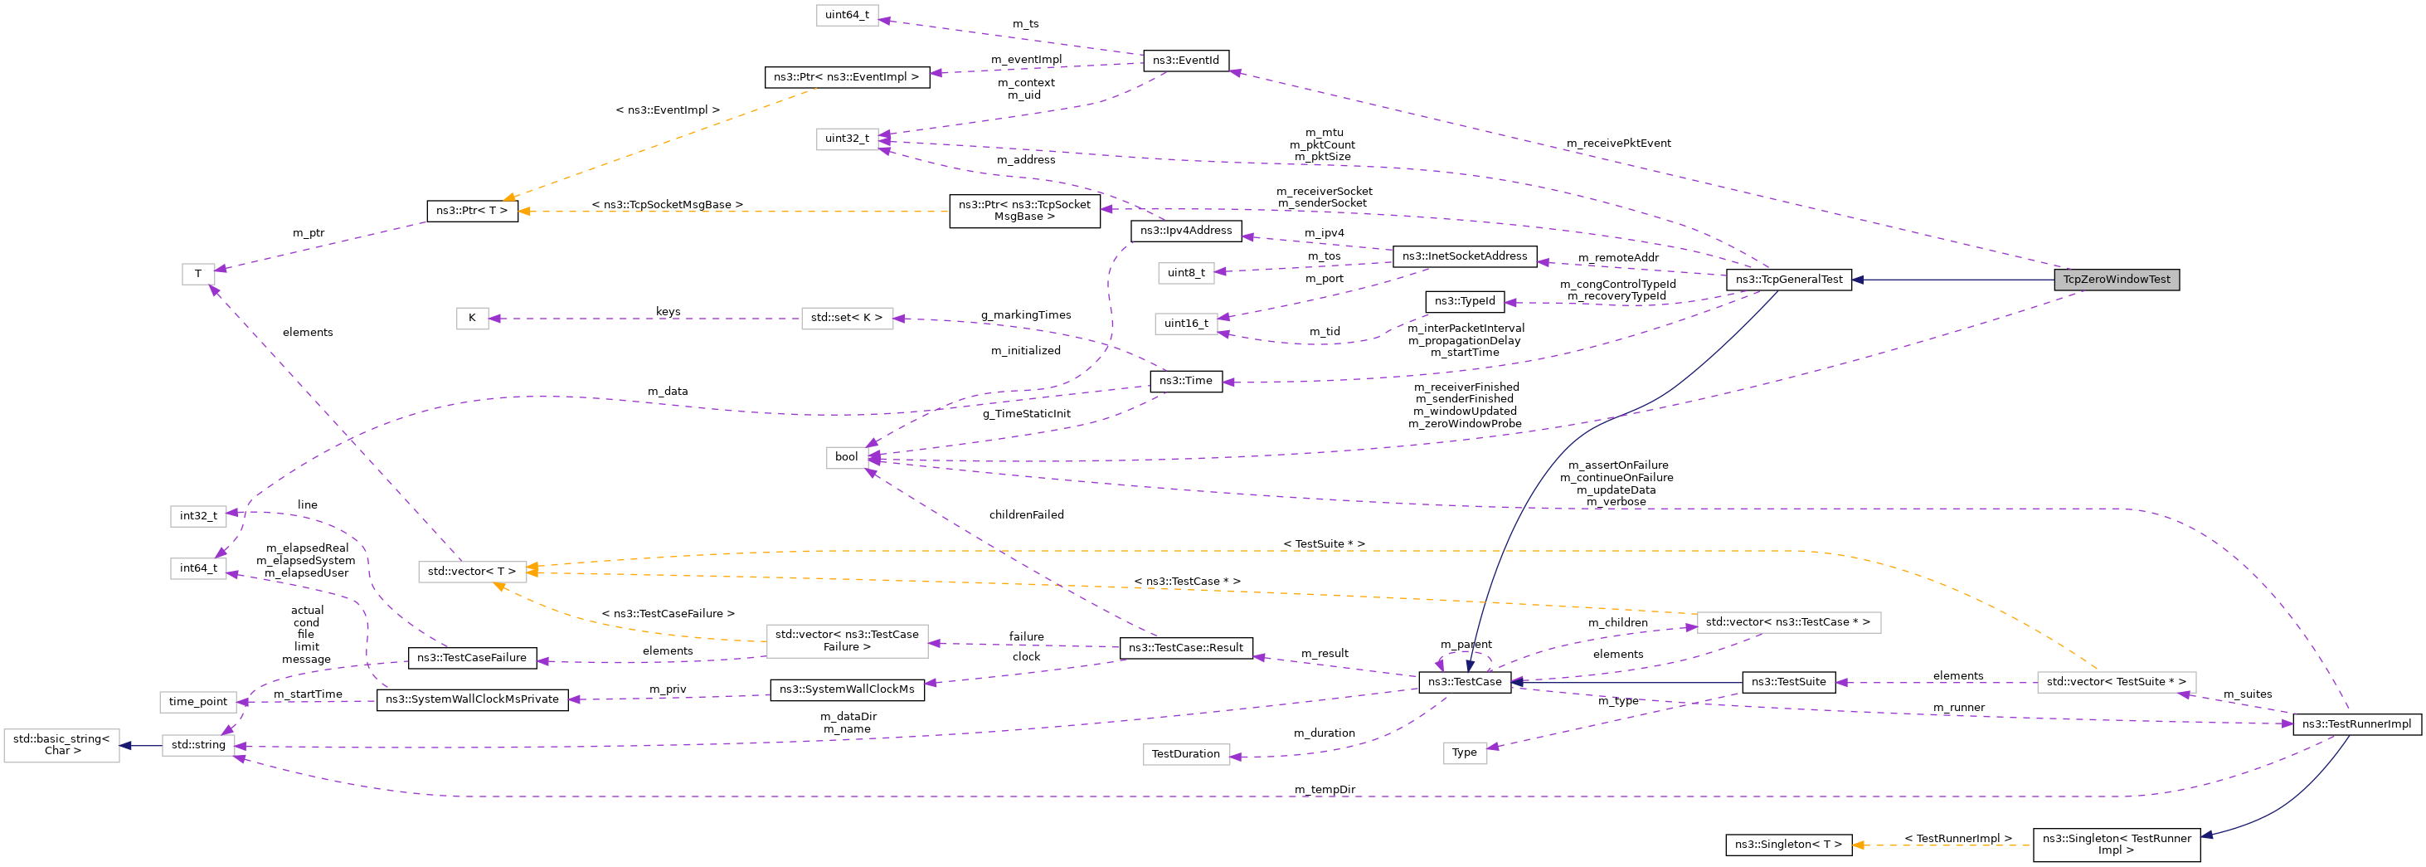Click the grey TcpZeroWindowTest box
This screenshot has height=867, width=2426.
coord(2115,280)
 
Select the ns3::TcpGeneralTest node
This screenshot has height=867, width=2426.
coord(1787,280)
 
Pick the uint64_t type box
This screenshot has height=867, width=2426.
coord(847,15)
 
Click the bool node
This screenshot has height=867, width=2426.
coord(846,457)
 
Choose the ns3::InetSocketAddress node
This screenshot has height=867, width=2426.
coord(1464,256)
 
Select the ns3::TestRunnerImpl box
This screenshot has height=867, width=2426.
coord(2356,724)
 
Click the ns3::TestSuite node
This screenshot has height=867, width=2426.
coord(1787,682)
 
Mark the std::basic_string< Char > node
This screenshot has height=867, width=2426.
coord(62,745)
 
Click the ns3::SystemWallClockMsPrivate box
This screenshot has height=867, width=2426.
coord(472,700)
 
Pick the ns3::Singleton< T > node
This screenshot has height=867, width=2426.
coord(1787,845)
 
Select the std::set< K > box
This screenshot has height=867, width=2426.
coord(846,319)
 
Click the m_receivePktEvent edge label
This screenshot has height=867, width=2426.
coord(1618,144)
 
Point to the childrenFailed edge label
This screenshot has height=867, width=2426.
coord(1026,515)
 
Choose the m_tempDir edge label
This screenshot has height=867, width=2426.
coord(1323,790)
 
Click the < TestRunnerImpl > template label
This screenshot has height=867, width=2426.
coord(1957,839)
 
